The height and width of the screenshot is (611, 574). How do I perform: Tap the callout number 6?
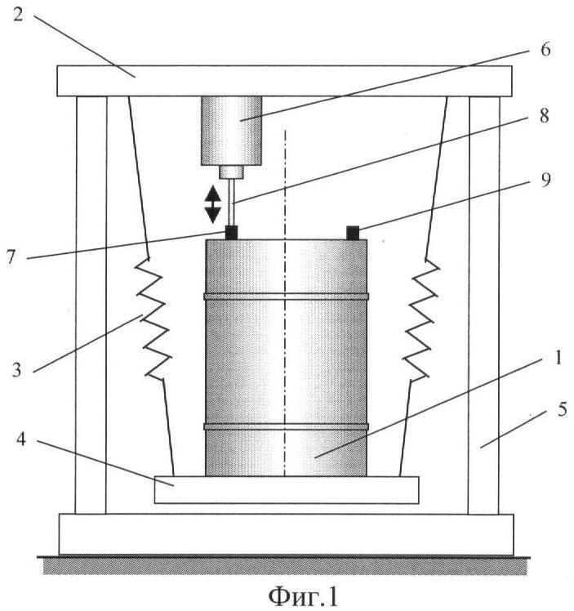click(545, 50)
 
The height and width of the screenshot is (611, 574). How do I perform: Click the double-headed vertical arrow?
click(212, 203)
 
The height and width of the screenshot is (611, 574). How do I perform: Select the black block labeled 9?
click(354, 233)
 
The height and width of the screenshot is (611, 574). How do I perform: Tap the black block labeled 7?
click(232, 233)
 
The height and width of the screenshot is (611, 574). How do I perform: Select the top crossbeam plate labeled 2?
click(284, 80)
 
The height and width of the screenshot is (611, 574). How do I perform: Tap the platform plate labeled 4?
click(286, 489)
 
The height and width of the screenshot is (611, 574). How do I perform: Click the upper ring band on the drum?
click(286, 296)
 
